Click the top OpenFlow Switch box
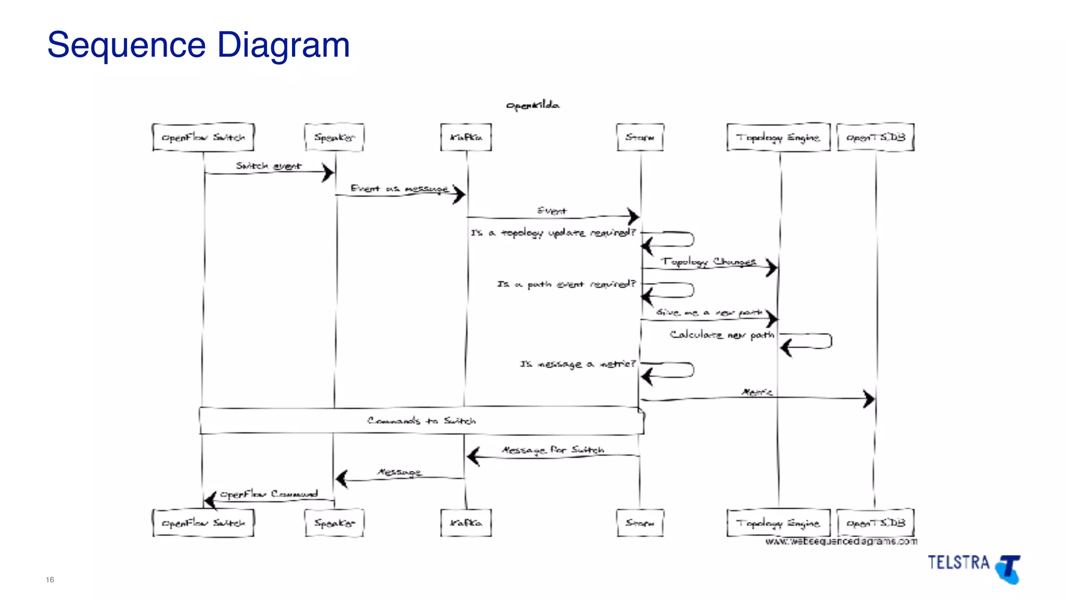pyautogui.click(x=203, y=137)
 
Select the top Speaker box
pyautogui.click(x=334, y=137)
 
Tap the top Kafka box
pyautogui.click(x=466, y=137)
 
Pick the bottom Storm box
pyautogui.click(x=640, y=523)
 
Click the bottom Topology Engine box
pyautogui.click(x=778, y=523)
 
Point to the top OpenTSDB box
pyautogui.click(x=875, y=137)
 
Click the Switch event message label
pyautogui.click(x=269, y=166)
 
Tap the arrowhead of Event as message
pyautogui.click(x=459, y=195)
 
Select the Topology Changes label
pyautogui.click(x=708, y=261)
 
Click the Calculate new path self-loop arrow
pyautogui.click(x=807, y=342)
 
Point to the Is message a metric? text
pyautogui.click(x=578, y=364)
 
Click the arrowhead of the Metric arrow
pyautogui.click(x=869, y=399)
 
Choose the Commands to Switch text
pyautogui.click(x=421, y=421)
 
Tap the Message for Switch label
pyautogui.click(x=553, y=449)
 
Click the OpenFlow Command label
pyautogui.click(x=269, y=494)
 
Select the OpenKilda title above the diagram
pyautogui.click(x=532, y=106)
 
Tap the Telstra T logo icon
pyautogui.click(x=1008, y=569)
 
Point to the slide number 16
pyautogui.click(x=50, y=580)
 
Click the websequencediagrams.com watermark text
pyautogui.click(x=841, y=542)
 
